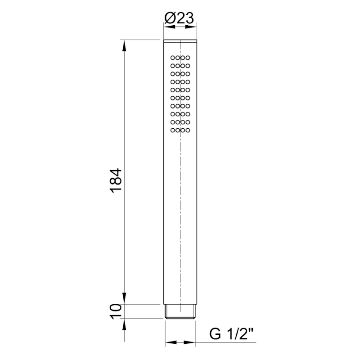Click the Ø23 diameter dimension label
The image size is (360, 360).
(x=179, y=18)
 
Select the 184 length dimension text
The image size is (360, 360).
(x=116, y=181)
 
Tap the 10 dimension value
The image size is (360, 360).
(x=116, y=311)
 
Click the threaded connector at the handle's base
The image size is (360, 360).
(x=180, y=311)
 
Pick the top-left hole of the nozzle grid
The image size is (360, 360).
(x=173, y=58)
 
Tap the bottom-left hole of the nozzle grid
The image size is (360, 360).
(x=173, y=130)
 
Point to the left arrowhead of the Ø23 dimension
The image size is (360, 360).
(x=167, y=27)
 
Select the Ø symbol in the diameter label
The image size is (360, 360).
(x=170, y=18)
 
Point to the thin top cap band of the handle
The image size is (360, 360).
(x=180, y=42)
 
